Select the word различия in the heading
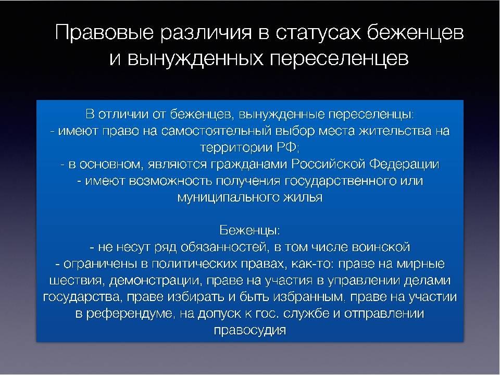click(206, 32)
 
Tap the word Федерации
click(404, 165)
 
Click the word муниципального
click(228, 198)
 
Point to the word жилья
click(303, 198)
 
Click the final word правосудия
click(249, 330)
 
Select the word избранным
click(309, 297)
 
